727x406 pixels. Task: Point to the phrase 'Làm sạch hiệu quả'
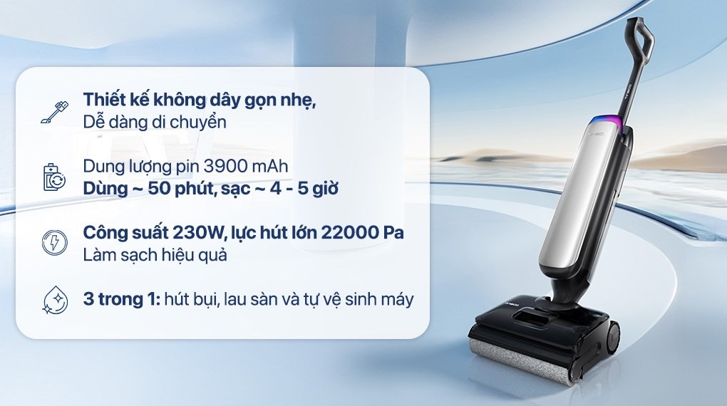click(x=155, y=254)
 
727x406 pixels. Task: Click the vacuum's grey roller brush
click(x=520, y=360)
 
